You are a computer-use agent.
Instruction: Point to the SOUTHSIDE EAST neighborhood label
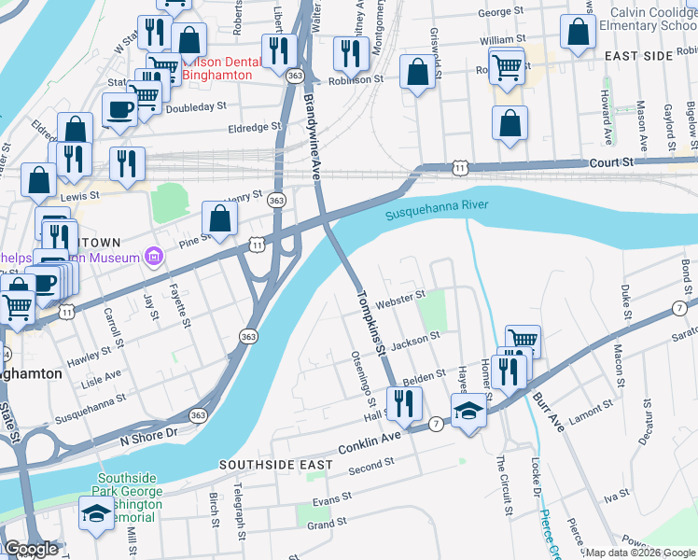click(270, 464)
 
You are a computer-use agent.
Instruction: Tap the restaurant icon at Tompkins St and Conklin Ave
click(404, 403)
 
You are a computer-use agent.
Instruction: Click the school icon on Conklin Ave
click(468, 410)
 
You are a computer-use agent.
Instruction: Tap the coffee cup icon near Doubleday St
click(119, 109)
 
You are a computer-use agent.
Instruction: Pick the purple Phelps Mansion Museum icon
click(155, 257)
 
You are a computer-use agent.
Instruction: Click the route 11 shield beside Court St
click(459, 166)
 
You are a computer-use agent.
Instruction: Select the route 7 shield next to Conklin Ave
click(437, 425)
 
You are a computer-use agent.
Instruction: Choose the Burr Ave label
click(550, 412)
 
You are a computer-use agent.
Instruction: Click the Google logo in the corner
click(31, 550)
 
